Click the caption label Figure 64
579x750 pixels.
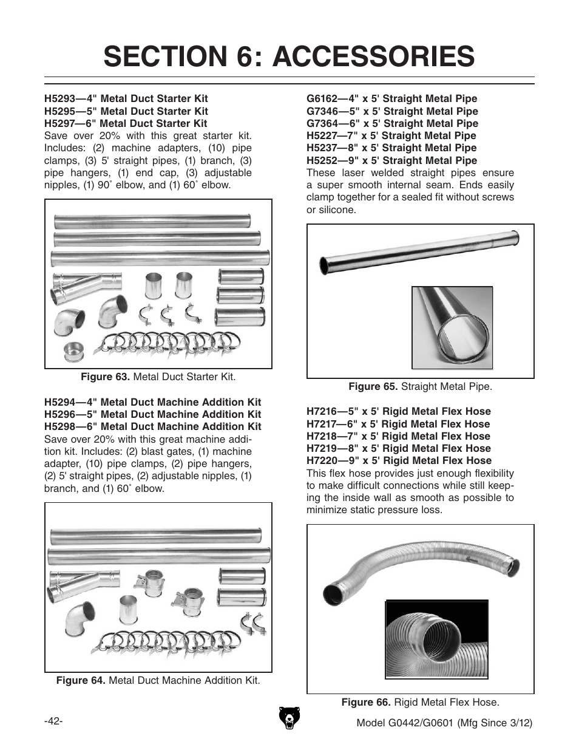[81, 681]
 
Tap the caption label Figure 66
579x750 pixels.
[366, 703]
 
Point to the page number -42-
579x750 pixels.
[53, 721]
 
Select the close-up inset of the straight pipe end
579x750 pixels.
[451, 327]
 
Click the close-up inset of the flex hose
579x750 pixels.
[437, 639]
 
